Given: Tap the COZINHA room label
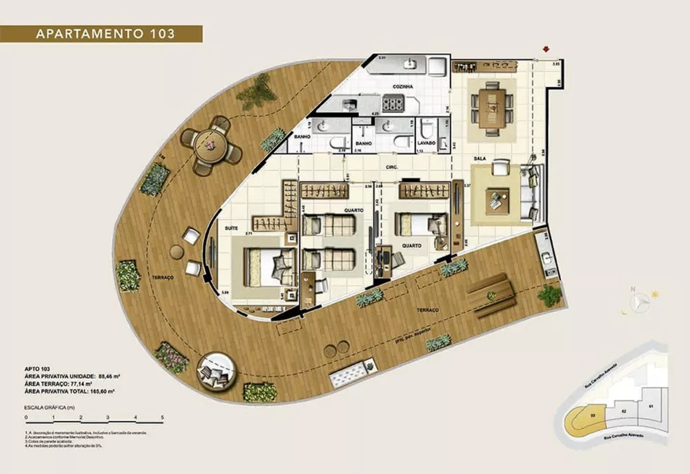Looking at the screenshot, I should click(x=402, y=87).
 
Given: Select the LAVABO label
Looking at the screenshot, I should click(x=426, y=143).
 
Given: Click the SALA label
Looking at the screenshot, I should click(x=481, y=158).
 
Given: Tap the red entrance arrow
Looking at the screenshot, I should click(x=546, y=49).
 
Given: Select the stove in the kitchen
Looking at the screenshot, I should click(x=393, y=104).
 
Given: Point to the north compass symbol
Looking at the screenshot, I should click(x=642, y=300).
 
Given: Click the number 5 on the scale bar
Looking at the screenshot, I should click(x=161, y=418).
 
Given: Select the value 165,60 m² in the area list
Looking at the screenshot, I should click(x=101, y=391).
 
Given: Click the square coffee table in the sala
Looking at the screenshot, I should click(x=497, y=200).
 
